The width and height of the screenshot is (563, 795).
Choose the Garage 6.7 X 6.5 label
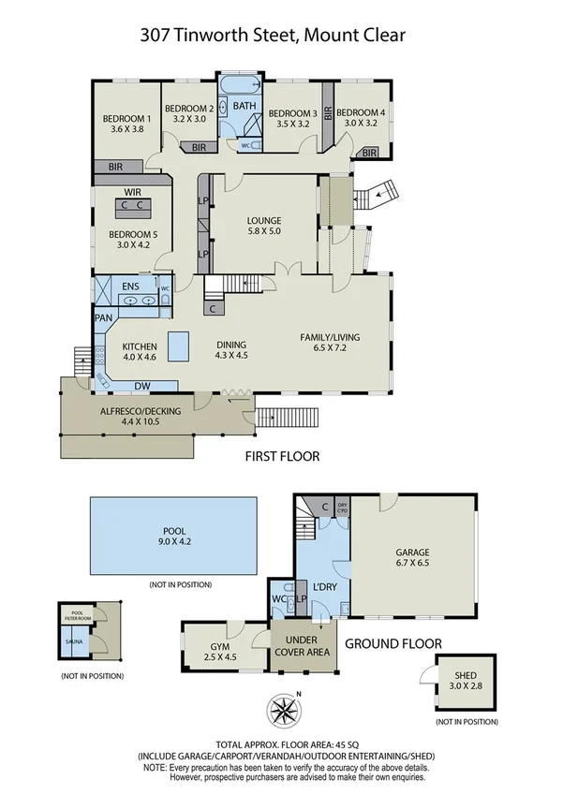(412, 557)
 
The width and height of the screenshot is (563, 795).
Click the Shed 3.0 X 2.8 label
(465, 681)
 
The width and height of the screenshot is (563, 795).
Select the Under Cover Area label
(301, 646)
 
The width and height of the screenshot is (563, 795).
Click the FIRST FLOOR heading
(281, 457)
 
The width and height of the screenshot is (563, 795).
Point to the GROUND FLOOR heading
(393, 644)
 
